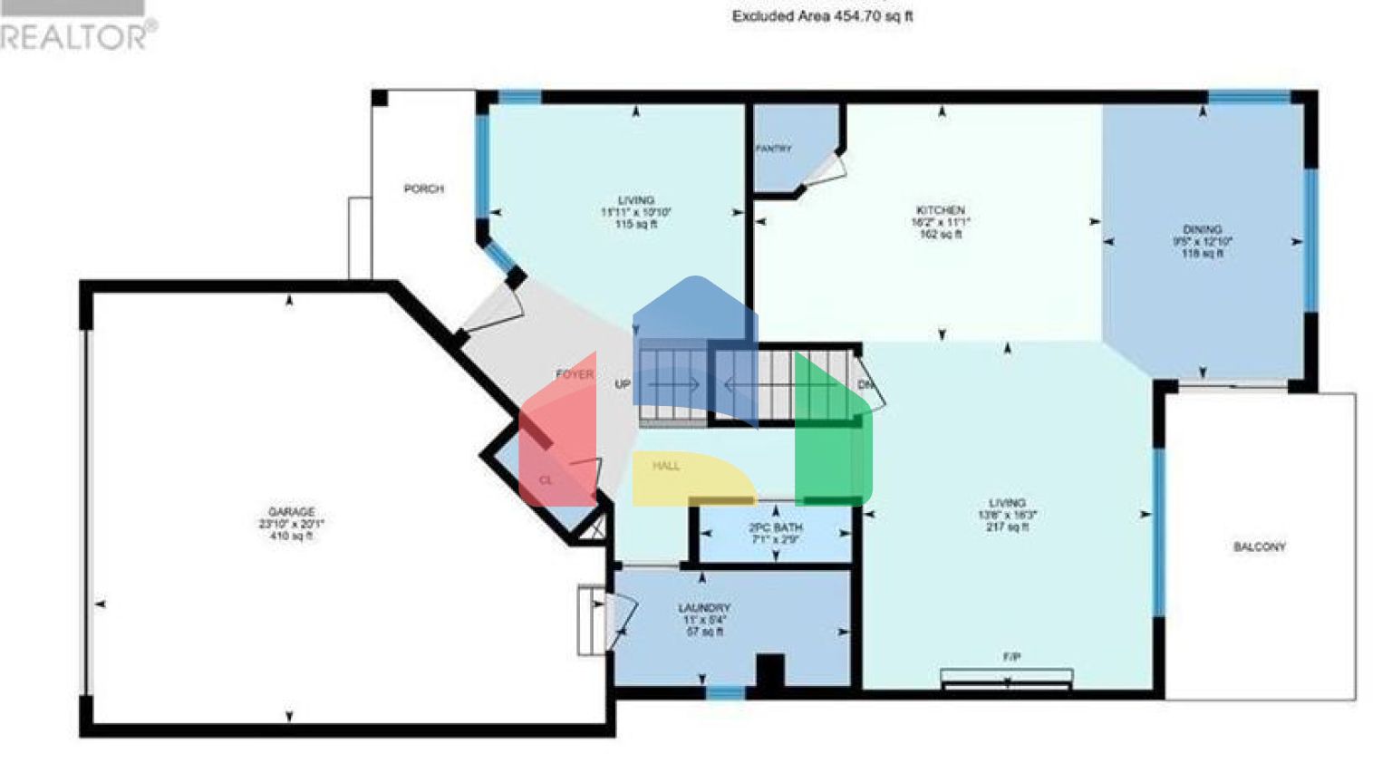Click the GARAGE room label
tap(291, 512)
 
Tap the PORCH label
tap(423, 189)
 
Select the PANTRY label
tap(773, 149)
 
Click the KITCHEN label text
tap(940, 210)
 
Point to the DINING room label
tap(1202, 230)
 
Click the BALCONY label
tap(1259, 547)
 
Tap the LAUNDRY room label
tap(704, 608)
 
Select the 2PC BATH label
tap(776, 527)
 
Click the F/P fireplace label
tap(1011, 657)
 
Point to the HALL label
tap(666, 466)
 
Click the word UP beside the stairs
tap(623, 385)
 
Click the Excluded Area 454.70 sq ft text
tap(822, 16)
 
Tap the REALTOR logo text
tap(77, 36)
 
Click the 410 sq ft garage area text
tap(291, 536)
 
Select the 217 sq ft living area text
tap(1007, 527)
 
